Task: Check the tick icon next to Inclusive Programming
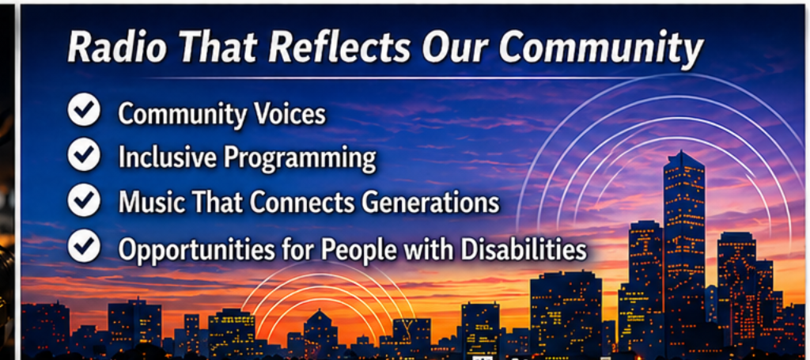click(x=84, y=156)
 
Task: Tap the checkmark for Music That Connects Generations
click(x=84, y=201)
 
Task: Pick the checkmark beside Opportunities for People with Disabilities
click(x=84, y=246)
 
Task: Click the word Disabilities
click(x=524, y=249)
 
